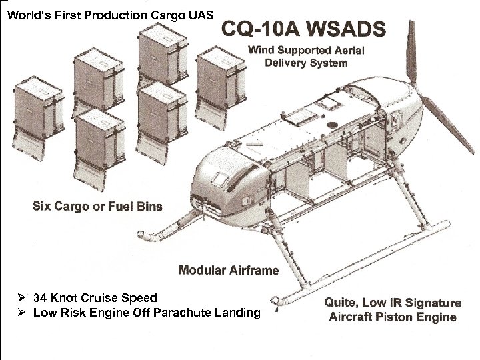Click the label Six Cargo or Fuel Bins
click(97, 205)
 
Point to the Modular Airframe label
click(229, 270)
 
